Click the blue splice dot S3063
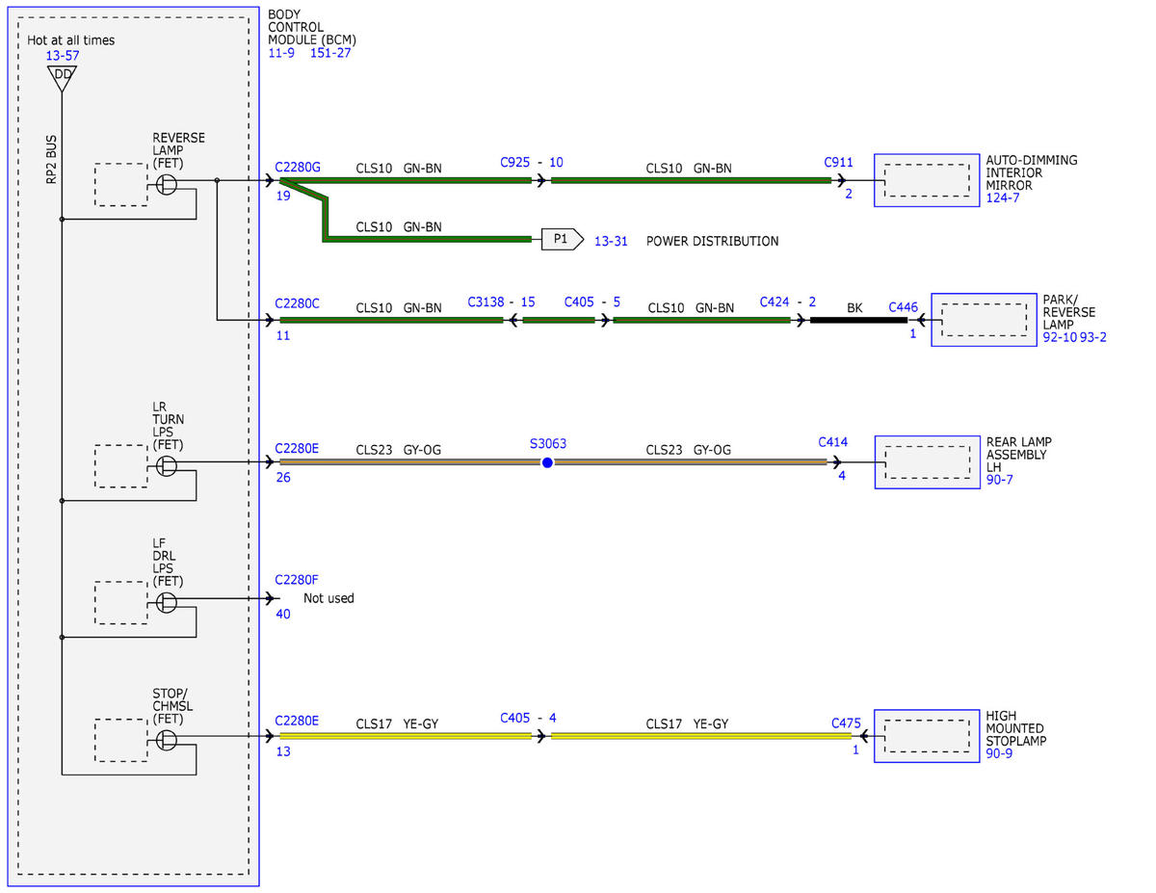click(x=547, y=462)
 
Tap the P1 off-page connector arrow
click(x=563, y=239)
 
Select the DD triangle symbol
click(x=62, y=78)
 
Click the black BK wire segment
click(x=858, y=320)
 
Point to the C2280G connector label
click(x=298, y=168)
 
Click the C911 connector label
click(x=838, y=162)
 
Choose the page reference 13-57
click(x=63, y=55)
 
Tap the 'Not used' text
click(x=328, y=598)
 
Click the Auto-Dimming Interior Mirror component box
click(x=926, y=180)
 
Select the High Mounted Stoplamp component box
click(x=926, y=736)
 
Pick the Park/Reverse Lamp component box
click(x=984, y=320)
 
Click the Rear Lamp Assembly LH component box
click(x=928, y=462)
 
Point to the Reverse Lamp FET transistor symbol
click(x=166, y=185)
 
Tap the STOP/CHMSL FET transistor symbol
click(x=166, y=740)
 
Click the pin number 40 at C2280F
click(x=283, y=615)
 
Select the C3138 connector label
click(x=486, y=302)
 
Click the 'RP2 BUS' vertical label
click(x=51, y=160)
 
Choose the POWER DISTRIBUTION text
click(x=712, y=241)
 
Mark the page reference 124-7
click(x=1002, y=197)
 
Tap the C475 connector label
click(x=846, y=723)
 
